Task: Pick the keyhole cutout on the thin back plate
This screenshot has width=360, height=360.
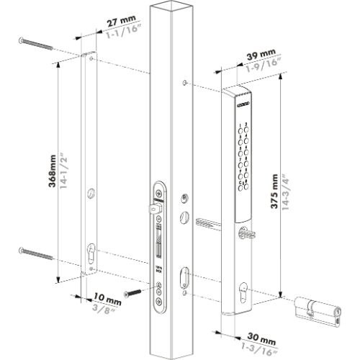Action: (89, 256)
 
